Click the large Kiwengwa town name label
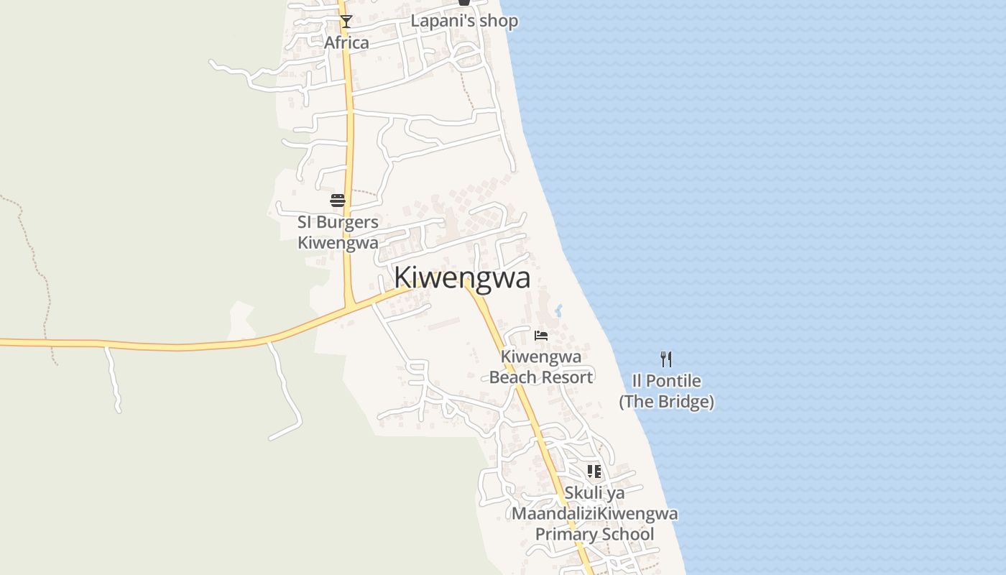pyautogui.click(x=462, y=278)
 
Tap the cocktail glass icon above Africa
pyautogui.click(x=346, y=22)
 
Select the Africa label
pyautogui.click(x=346, y=42)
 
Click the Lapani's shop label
pyautogui.click(x=464, y=21)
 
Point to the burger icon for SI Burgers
pyautogui.click(x=338, y=200)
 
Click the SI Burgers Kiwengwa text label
pyautogui.click(x=338, y=232)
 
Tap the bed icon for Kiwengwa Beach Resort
pyautogui.click(x=541, y=335)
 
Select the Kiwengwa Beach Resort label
pyautogui.click(x=541, y=367)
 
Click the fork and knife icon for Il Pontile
pyautogui.click(x=666, y=359)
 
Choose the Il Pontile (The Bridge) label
pyautogui.click(x=666, y=391)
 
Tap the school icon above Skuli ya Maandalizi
pyautogui.click(x=594, y=471)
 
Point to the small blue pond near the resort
pyautogui.click(x=558, y=311)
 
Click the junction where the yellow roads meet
pyautogui.click(x=349, y=307)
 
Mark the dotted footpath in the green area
pyautogui.click(x=32, y=252)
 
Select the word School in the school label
pyautogui.click(x=627, y=534)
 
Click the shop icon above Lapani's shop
pyautogui.click(x=464, y=3)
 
